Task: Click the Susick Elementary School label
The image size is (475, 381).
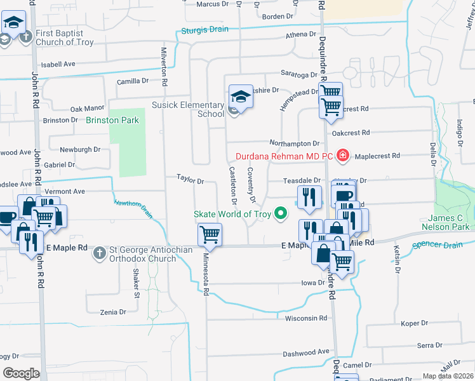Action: pos(187,109)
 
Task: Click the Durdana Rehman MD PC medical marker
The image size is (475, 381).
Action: pos(343,155)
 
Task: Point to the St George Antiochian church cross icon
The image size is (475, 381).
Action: pos(99,254)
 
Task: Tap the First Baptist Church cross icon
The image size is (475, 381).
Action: pos(25,37)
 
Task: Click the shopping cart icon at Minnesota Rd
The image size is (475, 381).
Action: pos(210,236)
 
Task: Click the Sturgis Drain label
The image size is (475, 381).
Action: pos(206,30)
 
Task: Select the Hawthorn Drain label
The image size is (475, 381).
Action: pos(133,208)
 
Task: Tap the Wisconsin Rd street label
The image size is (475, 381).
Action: pos(305,318)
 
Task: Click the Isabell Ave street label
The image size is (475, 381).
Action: pos(58,64)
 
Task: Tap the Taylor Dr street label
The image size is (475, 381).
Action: pos(189,181)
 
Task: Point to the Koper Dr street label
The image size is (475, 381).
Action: pos(415,323)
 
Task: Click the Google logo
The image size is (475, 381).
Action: pos(20,373)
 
